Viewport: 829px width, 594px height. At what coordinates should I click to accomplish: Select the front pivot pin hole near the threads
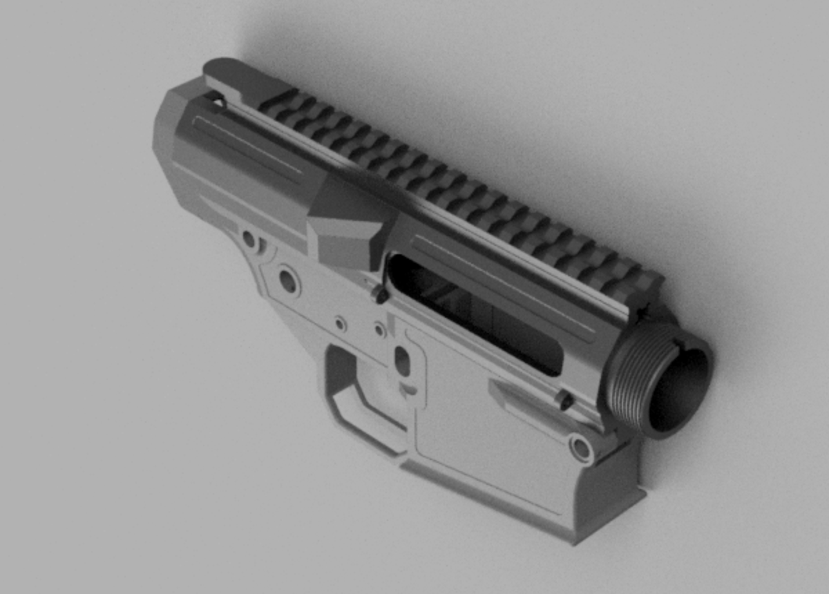pos(581,448)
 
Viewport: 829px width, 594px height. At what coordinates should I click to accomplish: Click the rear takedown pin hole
pos(249,240)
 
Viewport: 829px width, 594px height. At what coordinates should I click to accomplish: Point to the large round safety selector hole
pos(287,280)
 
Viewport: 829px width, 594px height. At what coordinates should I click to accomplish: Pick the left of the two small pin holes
pos(340,323)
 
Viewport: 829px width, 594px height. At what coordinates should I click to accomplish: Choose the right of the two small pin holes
pos(379,329)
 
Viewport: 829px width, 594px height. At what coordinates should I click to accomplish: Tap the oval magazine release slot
pos(401,360)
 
